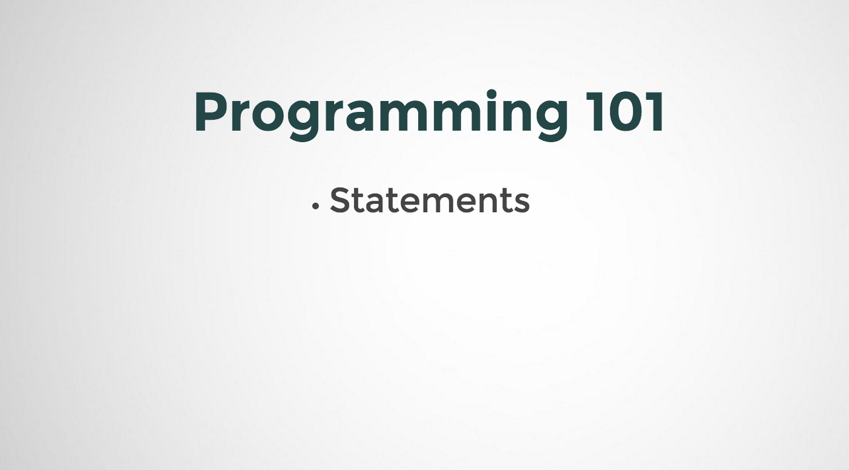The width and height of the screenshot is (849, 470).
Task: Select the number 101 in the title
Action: (x=625, y=112)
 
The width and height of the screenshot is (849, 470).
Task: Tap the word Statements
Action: (x=430, y=200)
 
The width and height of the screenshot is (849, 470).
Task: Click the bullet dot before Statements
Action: (x=315, y=206)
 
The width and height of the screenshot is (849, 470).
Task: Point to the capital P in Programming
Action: (x=212, y=112)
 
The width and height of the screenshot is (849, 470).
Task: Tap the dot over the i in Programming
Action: (x=491, y=94)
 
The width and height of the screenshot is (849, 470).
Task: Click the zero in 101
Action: (x=624, y=112)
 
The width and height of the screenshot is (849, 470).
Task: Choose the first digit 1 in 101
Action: (x=595, y=112)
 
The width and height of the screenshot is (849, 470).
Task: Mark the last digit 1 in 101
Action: (x=656, y=112)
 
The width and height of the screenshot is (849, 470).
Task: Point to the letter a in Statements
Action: (x=375, y=204)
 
